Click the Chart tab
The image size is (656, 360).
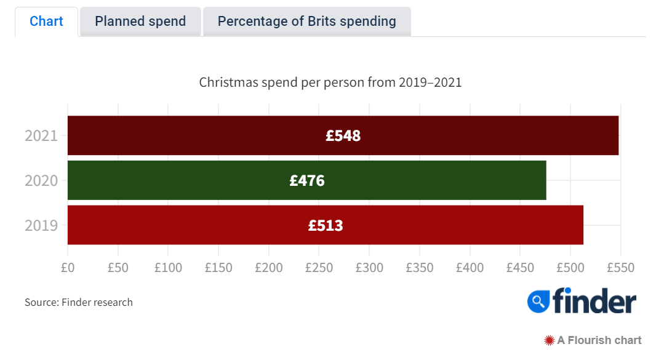click(x=46, y=22)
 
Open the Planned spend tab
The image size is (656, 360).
click(x=140, y=22)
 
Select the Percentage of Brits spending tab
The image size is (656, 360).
click(x=306, y=22)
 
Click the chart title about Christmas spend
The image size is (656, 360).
click(x=330, y=82)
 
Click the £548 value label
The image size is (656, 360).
click(x=343, y=135)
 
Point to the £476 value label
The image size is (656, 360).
click(x=306, y=181)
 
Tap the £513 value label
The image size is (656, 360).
click(x=326, y=226)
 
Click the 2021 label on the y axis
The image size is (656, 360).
click(x=41, y=136)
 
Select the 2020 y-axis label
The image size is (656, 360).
click(x=41, y=181)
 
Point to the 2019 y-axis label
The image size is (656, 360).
click(x=41, y=226)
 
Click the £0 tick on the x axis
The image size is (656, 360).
click(x=68, y=268)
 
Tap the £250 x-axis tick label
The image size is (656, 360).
click(x=319, y=268)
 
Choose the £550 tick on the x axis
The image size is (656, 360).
click(x=620, y=268)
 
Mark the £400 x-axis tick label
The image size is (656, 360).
click(x=470, y=268)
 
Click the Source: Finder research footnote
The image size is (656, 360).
click(x=79, y=302)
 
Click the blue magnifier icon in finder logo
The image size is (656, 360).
click(x=538, y=301)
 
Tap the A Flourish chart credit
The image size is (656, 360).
click(x=593, y=340)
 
